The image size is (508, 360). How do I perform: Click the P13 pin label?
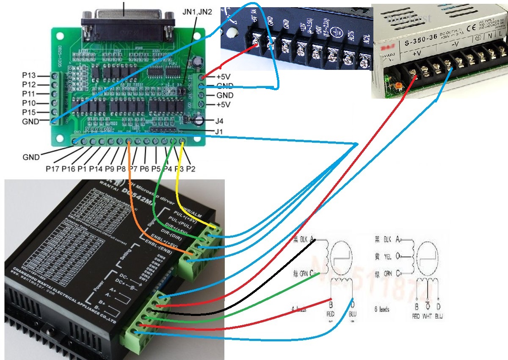31,75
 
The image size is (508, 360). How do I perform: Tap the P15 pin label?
31,112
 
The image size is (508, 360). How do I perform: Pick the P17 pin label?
53,169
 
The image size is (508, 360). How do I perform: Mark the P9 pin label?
110,169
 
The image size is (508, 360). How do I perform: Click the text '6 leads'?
382,310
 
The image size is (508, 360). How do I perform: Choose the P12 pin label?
31,85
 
